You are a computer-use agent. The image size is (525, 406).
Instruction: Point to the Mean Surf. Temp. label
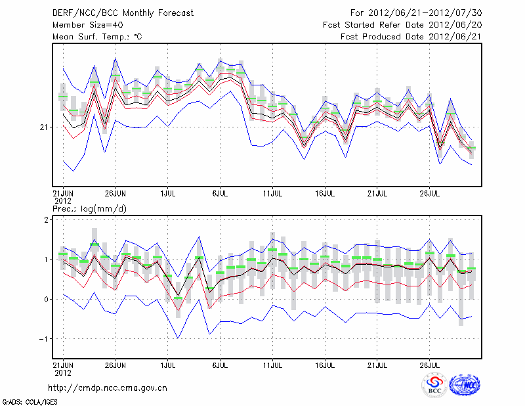point(97,36)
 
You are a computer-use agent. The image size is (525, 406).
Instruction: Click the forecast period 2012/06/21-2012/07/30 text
point(416,12)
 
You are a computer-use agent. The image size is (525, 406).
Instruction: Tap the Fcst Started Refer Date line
point(402,24)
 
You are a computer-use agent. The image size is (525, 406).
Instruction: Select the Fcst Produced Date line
point(411,36)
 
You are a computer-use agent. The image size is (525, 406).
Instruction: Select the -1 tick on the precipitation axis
point(44,339)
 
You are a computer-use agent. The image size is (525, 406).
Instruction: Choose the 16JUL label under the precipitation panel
point(325,363)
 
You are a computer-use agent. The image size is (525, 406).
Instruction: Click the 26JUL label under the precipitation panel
point(430,363)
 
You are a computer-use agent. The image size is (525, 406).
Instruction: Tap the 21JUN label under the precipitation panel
point(63,363)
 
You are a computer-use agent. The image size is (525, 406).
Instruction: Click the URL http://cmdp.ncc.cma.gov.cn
point(108,388)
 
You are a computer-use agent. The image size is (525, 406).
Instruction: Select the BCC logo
point(434,386)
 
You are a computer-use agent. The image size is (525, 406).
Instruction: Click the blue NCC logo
point(465,386)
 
